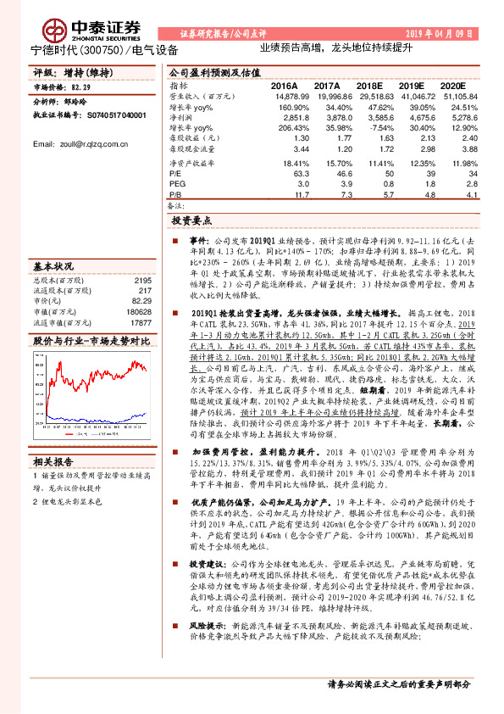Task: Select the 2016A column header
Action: (284, 86)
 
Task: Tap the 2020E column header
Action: (452, 86)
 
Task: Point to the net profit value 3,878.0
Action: (325, 117)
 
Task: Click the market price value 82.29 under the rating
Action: (81, 87)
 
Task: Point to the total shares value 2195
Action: (142, 281)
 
